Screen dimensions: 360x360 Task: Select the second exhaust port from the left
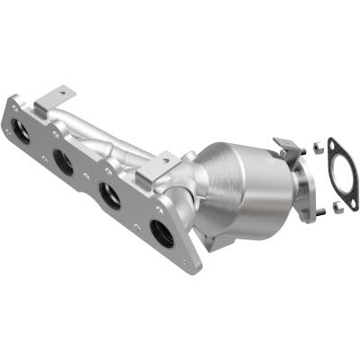pos(63,162)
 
